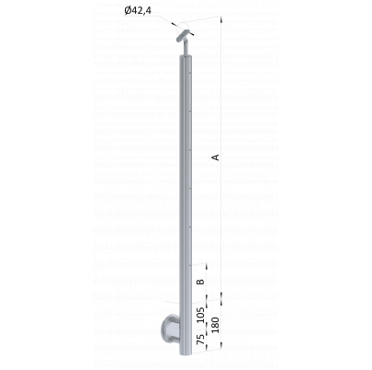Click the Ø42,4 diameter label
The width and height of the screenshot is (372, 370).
[x=138, y=11]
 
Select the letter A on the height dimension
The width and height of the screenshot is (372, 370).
[x=216, y=157]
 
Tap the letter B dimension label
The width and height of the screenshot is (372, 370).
[x=200, y=282]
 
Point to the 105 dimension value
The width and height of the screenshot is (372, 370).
[x=200, y=315]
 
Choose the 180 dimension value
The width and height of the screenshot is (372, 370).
[x=216, y=325]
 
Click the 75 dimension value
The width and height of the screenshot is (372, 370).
[x=200, y=340]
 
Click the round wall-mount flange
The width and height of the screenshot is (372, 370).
[x=171, y=330]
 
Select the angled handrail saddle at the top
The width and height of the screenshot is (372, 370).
[x=183, y=36]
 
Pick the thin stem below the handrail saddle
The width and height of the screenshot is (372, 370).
[x=186, y=48]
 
